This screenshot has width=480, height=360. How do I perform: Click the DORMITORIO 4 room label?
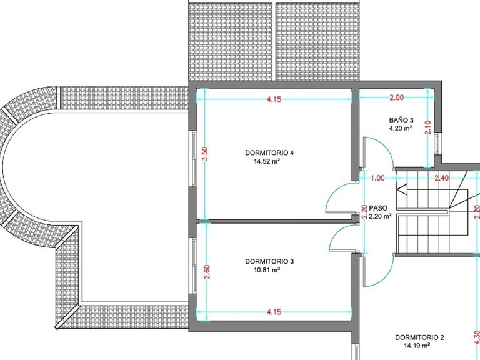click(269, 152)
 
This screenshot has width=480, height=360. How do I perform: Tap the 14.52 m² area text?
click(267, 161)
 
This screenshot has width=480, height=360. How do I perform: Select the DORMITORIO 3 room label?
click(269, 261)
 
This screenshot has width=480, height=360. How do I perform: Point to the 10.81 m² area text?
click(267, 270)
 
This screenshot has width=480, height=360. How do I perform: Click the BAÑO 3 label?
click(401, 120)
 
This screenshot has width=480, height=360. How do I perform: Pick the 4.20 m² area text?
click(401, 128)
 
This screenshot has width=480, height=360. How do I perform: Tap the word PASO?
click(378, 208)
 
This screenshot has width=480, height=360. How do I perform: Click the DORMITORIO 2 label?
click(419, 337)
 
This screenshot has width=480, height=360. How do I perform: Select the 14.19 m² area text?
click(417, 346)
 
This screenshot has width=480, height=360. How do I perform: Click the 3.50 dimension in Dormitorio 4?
click(205, 154)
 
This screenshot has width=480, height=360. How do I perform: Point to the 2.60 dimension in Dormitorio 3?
click(207, 271)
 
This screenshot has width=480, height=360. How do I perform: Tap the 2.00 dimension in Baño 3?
click(396, 97)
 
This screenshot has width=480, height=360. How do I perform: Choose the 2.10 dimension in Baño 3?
click(428, 127)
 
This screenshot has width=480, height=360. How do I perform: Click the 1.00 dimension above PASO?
click(377, 178)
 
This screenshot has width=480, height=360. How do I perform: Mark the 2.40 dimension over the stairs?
click(442, 178)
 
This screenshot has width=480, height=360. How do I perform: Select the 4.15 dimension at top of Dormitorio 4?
click(274, 99)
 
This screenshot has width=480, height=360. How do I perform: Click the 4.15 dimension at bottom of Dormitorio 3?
click(274, 312)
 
